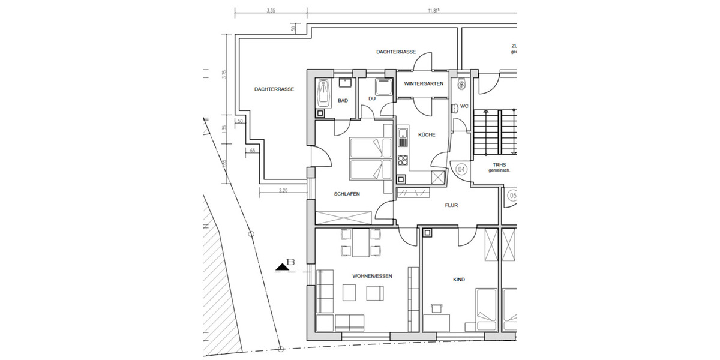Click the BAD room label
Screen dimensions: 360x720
point(343,101)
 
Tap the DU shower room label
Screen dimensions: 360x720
point(372,98)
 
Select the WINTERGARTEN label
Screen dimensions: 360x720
point(424,84)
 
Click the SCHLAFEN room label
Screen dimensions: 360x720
point(347,194)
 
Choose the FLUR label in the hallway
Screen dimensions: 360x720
point(451,205)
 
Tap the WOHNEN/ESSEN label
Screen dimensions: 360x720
point(372,276)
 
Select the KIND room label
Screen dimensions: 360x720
point(459,280)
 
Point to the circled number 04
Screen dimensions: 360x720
point(461,169)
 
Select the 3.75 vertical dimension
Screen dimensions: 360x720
point(224,75)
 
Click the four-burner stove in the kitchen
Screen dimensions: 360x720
point(403,160)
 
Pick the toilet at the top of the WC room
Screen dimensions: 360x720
point(461,84)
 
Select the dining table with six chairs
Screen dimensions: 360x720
point(360,242)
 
